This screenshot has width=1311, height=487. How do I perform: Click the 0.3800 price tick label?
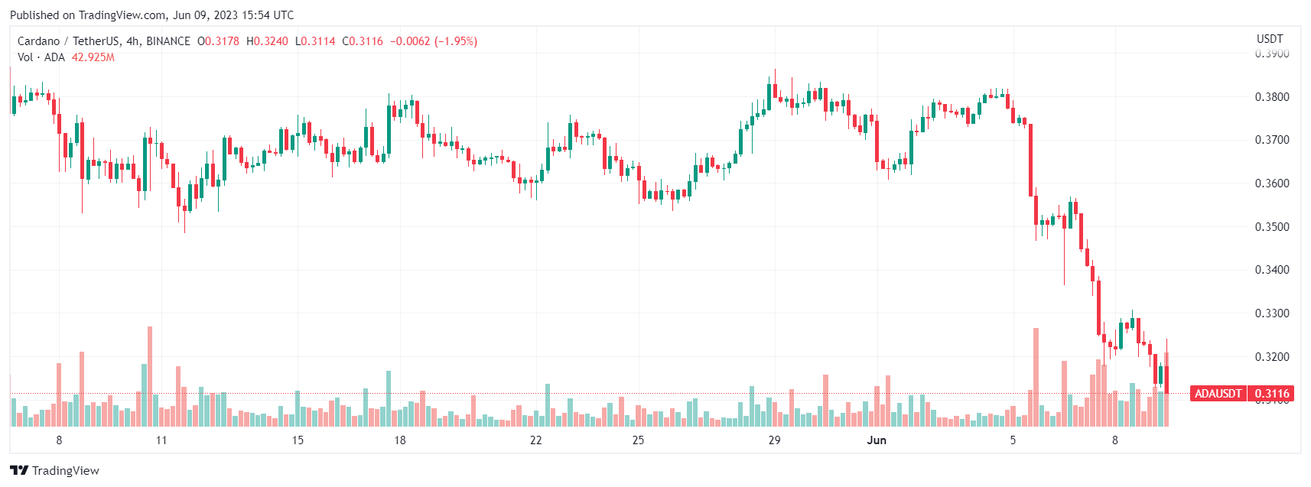(x=1271, y=97)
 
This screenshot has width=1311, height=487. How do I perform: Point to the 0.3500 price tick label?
(x=1271, y=227)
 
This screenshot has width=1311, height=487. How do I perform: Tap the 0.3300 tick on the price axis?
(x=1271, y=313)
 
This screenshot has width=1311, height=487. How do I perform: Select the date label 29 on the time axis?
(x=774, y=440)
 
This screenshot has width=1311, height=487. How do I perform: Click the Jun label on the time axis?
(x=877, y=440)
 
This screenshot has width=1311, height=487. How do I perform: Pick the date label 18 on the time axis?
(x=400, y=440)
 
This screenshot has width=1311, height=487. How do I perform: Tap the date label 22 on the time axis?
(x=536, y=440)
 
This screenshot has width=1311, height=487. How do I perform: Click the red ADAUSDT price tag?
(x=1218, y=394)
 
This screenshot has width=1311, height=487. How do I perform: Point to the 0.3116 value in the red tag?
(x=1272, y=394)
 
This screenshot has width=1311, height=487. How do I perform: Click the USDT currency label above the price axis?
(x=1270, y=39)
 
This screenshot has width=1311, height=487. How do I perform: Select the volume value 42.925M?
(x=93, y=57)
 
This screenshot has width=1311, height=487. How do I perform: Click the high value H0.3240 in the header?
(x=268, y=41)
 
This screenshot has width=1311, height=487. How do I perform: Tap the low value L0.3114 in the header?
(x=315, y=41)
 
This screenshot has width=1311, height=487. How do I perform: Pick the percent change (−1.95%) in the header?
(x=456, y=41)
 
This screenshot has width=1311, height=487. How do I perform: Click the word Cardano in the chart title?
(x=38, y=41)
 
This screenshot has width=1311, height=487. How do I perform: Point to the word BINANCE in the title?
(x=168, y=41)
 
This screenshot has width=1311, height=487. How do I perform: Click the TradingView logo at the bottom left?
(x=54, y=470)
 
